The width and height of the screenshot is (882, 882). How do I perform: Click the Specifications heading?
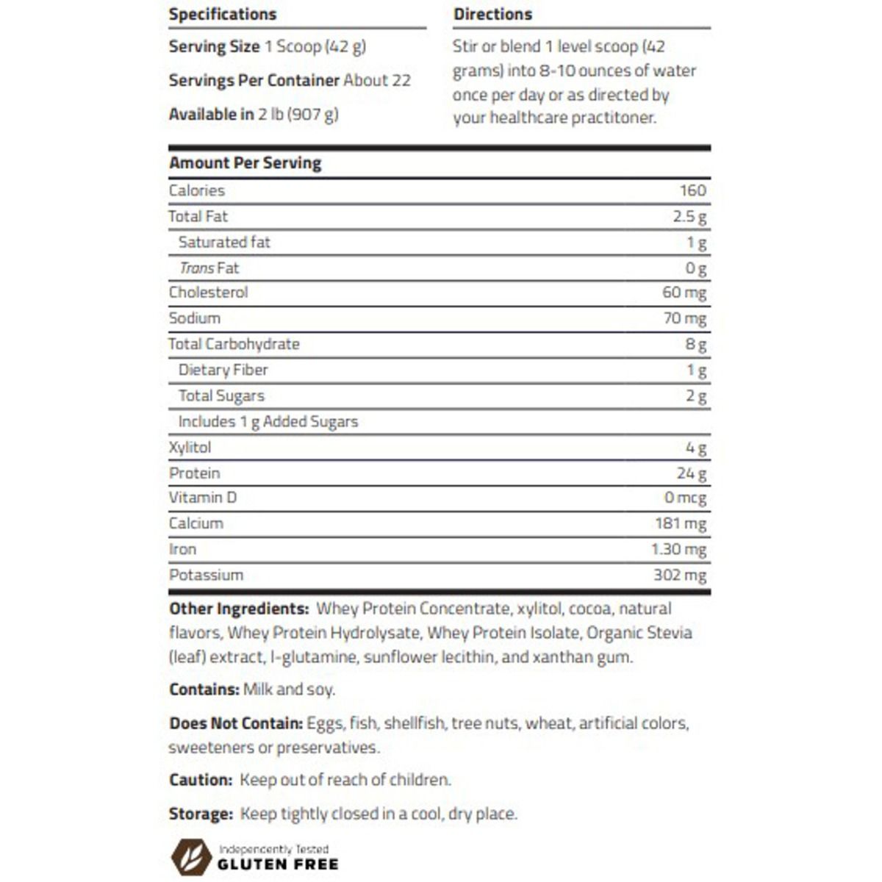point(222,14)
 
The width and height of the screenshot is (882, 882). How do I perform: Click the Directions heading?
point(492,14)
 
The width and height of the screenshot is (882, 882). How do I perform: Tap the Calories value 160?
point(692,190)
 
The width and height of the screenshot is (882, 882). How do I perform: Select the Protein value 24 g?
point(691,473)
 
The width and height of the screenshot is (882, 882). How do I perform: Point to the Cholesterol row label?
point(208,293)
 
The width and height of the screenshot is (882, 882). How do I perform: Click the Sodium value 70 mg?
point(684,318)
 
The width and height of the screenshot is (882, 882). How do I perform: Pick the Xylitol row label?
point(190,448)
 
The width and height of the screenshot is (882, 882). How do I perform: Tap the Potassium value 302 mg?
point(679,575)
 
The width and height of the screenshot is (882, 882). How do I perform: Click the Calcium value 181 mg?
point(680,523)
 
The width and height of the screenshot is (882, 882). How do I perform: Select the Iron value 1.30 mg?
point(678,549)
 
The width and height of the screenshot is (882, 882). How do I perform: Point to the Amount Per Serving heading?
point(245,163)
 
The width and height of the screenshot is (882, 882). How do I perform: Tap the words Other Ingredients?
point(238,609)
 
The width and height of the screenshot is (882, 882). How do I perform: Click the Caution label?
point(200,780)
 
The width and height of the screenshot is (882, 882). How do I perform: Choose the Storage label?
point(200,814)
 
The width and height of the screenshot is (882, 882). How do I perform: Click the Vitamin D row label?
point(202,498)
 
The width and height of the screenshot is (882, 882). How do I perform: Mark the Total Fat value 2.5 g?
point(689,217)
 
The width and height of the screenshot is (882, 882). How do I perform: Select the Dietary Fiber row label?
point(223,370)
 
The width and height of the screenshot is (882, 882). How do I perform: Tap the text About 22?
point(376,80)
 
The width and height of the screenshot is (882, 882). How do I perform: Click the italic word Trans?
point(197,268)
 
